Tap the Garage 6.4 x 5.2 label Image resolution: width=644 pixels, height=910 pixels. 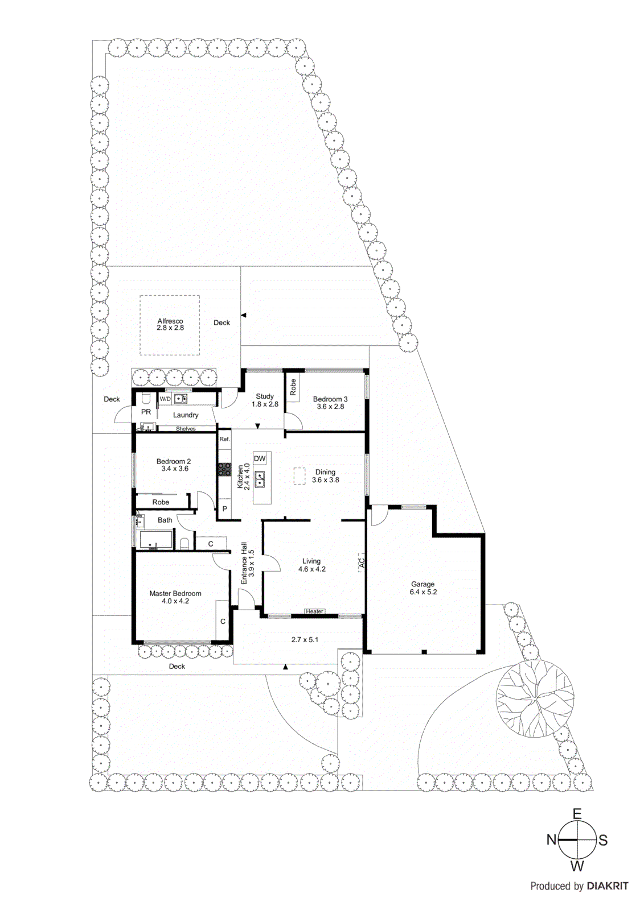423,588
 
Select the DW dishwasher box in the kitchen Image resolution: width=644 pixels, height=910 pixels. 260,459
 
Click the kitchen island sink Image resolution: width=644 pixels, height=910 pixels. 260,479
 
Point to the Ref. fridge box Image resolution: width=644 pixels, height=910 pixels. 225,439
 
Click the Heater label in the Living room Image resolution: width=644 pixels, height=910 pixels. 314,611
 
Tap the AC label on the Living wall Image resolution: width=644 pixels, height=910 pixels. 361,563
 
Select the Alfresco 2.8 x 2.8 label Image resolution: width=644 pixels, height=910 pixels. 170,325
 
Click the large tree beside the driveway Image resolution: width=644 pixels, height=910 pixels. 535,697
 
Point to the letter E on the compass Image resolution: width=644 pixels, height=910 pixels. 577,814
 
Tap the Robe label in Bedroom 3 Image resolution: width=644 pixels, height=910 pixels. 293,387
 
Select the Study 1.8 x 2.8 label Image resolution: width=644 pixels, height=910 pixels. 265,400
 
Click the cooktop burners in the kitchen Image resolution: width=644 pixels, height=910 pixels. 224,470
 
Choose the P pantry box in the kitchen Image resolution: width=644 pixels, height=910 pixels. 225,509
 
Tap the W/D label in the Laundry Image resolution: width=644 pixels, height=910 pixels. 165,399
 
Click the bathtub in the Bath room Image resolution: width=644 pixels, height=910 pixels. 156,540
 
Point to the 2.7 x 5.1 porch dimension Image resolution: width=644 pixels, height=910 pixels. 305,640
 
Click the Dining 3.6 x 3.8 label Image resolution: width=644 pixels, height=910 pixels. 325,476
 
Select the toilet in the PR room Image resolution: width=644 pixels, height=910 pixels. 146,398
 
